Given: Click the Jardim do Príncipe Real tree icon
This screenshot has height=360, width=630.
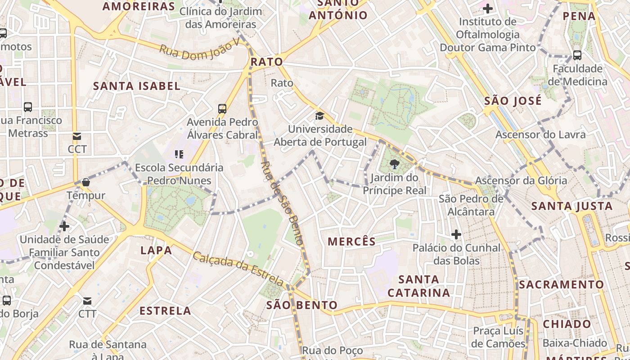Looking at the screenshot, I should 395,164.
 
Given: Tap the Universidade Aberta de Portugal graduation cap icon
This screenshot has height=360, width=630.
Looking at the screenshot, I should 319,116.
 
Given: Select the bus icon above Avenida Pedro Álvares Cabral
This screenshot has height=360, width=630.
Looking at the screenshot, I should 222,108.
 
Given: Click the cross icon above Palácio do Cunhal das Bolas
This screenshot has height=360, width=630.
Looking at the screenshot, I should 456,234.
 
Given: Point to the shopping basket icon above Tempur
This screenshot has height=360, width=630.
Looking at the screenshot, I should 85,182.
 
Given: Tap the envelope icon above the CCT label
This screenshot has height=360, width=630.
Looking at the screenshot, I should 77,136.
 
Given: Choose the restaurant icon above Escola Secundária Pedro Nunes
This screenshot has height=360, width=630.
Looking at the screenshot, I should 179,154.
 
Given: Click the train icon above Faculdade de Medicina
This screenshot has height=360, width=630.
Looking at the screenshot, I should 577,55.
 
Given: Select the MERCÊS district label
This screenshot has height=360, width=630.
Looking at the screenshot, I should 351,242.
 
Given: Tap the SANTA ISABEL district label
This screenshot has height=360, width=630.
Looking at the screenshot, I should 136,86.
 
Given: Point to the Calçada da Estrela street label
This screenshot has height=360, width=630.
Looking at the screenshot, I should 238,269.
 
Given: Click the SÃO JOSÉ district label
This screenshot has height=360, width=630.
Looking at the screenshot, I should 513,101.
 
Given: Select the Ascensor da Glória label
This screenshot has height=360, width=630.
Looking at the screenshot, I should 521,181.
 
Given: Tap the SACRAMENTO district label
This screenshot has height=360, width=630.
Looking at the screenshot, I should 561,284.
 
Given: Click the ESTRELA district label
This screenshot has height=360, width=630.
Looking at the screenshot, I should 165,310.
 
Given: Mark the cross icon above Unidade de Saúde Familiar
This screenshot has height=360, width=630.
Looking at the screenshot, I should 64,226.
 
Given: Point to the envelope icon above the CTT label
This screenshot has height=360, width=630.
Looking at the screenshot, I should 87,301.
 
